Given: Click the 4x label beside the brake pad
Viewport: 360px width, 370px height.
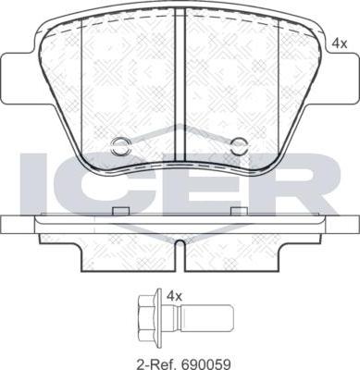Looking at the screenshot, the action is coord(340,43).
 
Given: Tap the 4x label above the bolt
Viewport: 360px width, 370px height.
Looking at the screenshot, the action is coord(175,297).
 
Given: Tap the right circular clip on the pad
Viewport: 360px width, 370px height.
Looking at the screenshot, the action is coord(240,146).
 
